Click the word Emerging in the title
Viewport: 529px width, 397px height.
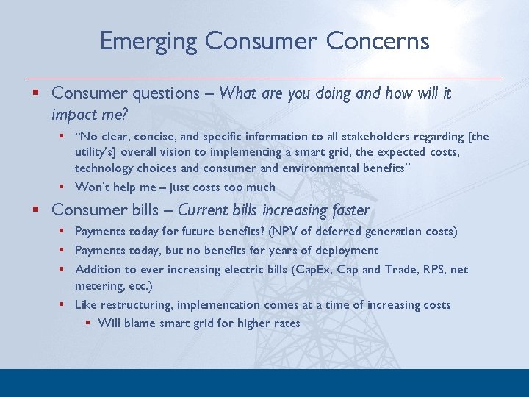pyautogui.click(x=149, y=41)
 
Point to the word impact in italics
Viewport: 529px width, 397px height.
pyautogui.click(x=73, y=115)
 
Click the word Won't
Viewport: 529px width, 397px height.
pyautogui.click(x=92, y=187)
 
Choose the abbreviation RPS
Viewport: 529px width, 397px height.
pyautogui.click(x=422, y=270)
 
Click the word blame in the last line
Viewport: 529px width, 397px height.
pyautogui.click(x=139, y=323)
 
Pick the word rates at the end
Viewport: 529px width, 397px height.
pyautogui.click(x=286, y=323)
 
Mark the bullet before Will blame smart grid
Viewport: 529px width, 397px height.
pyautogui.click(x=88, y=323)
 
